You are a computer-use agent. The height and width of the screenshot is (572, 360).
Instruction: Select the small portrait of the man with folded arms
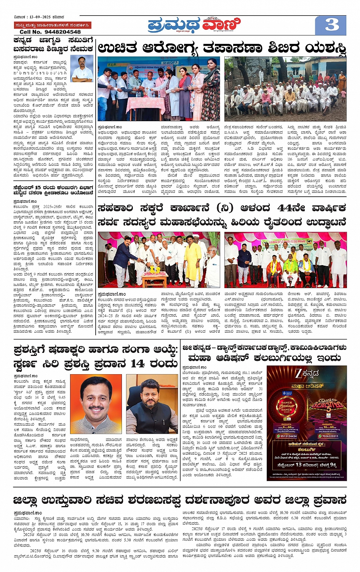pyautogui.click(x=82, y=68)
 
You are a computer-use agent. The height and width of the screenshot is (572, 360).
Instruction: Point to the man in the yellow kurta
pyautogui.click(x=192, y=263)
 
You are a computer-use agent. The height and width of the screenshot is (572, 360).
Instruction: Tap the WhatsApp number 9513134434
pyautogui.click(x=288, y=436)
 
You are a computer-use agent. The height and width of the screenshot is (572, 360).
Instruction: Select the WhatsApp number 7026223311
pyautogui.click(x=330, y=436)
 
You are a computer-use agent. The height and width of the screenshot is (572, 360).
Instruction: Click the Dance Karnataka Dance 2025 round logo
pyautogui.click(x=286, y=407)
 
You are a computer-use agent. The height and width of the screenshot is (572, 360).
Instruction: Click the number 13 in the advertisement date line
pyautogui.click(x=298, y=465)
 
